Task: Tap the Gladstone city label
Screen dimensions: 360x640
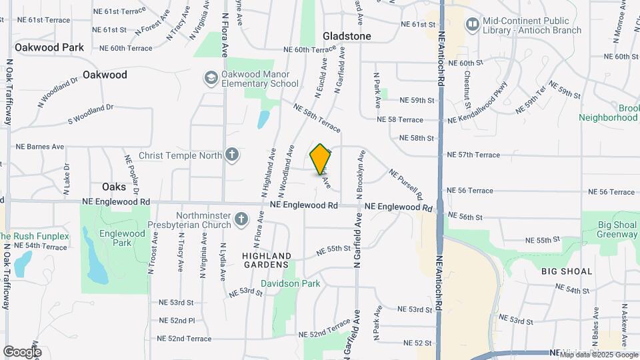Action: coord(347,35)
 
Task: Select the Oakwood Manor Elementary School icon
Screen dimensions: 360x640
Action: coord(211,79)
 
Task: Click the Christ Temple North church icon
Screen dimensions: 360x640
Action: coord(231,155)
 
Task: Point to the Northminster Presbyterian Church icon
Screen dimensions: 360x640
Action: coord(241,218)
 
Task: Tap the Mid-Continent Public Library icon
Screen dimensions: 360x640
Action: coord(473,25)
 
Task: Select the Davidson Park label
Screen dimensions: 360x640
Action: coord(290,283)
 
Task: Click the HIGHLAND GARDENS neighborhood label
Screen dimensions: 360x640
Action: coord(267,261)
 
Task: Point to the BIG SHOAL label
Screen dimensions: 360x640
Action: coord(567,271)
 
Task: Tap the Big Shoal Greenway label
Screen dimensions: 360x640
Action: coord(617,229)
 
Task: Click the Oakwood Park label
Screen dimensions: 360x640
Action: coord(49,47)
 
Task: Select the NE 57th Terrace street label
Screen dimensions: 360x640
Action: coord(473,155)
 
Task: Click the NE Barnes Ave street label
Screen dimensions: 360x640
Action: coord(40,147)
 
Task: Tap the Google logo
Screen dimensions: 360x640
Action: coord(22,351)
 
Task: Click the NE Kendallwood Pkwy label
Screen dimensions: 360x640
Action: coord(478,103)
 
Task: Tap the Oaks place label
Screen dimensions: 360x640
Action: coord(114,187)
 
